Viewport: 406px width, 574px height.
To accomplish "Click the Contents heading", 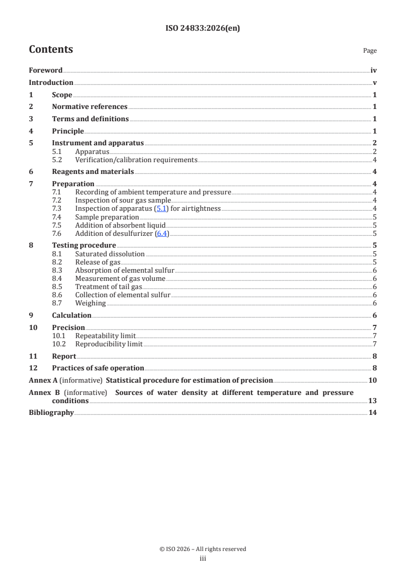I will [x=51, y=50].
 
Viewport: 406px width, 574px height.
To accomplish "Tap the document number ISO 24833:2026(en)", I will [x=203, y=29].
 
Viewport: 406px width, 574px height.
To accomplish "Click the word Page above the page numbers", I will [x=370, y=51].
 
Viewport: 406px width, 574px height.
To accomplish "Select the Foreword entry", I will [x=46, y=71].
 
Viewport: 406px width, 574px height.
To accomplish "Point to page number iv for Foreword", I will [x=374, y=71].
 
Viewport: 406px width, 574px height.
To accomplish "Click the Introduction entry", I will [x=51, y=83].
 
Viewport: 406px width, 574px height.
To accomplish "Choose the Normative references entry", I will [x=90, y=107].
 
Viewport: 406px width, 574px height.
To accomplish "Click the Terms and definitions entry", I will [x=90, y=119].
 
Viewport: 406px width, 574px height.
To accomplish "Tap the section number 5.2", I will [x=57, y=160].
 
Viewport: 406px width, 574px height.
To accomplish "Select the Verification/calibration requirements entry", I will [x=136, y=160].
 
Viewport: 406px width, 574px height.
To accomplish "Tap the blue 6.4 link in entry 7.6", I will [x=162, y=233].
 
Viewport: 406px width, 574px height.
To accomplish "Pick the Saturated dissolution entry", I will [x=110, y=254].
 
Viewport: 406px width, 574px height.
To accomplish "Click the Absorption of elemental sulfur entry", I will [x=125, y=270].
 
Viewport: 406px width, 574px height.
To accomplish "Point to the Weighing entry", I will [x=91, y=303].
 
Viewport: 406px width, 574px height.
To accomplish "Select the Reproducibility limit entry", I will [x=109, y=344].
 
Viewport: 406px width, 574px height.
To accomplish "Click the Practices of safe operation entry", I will [x=98, y=368].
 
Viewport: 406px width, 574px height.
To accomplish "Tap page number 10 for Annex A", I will [x=373, y=380].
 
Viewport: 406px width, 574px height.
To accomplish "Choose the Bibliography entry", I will [x=51, y=413].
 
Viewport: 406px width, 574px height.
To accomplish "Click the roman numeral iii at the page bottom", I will [x=203, y=559].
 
